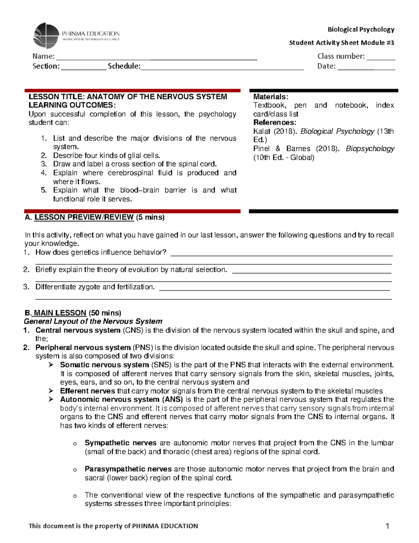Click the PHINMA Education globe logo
46,36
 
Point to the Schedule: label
124,66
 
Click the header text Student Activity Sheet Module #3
341,43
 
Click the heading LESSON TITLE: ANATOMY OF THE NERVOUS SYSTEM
127,97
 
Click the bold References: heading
274,122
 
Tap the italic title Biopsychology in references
370,149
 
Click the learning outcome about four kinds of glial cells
106,156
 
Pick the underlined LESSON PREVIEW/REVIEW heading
84,217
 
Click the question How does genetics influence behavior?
101,252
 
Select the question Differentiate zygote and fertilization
95,287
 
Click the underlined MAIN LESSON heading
60,313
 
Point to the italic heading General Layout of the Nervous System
93,321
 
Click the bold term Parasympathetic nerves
128,469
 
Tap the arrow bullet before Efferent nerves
51,391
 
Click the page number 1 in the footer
387,526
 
